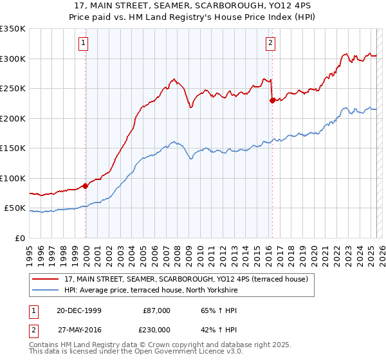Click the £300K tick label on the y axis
click(13, 59)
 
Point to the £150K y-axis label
click(13, 148)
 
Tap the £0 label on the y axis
click(19, 238)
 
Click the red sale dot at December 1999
click(86, 186)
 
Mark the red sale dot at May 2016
click(272, 100)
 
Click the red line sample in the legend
click(46, 279)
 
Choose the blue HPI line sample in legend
click(46, 290)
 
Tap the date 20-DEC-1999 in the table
click(78, 310)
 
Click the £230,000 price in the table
click(156, 328)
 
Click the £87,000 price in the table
click(156, 310)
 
